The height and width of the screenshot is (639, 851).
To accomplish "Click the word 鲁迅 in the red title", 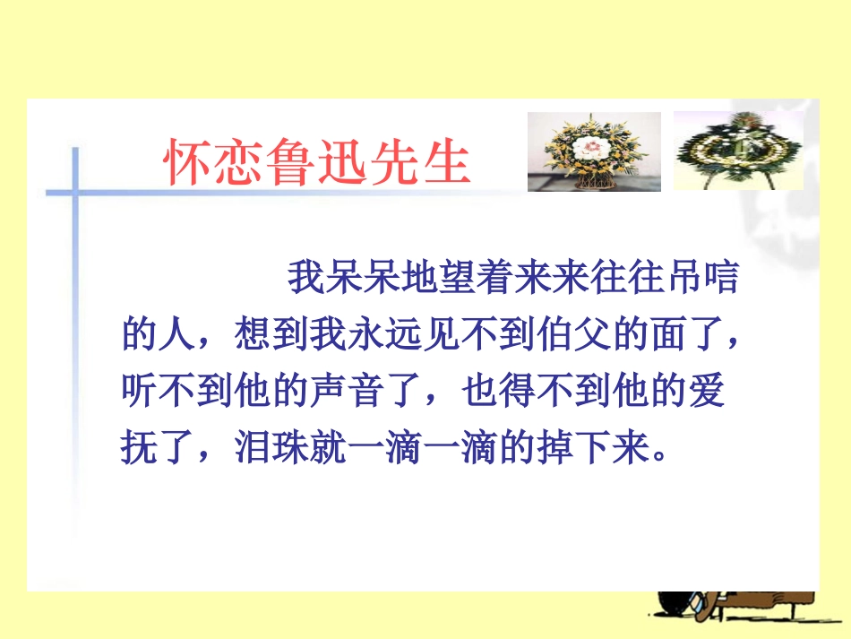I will (x=319, y=162).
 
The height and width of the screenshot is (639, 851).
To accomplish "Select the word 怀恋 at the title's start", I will (x=209, y=162).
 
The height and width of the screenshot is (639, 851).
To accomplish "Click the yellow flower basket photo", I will (x=593, y=151).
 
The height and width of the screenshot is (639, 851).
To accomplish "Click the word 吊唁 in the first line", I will (x=702, y=279).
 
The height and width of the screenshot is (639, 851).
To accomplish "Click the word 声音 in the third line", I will (x=382, y=391).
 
